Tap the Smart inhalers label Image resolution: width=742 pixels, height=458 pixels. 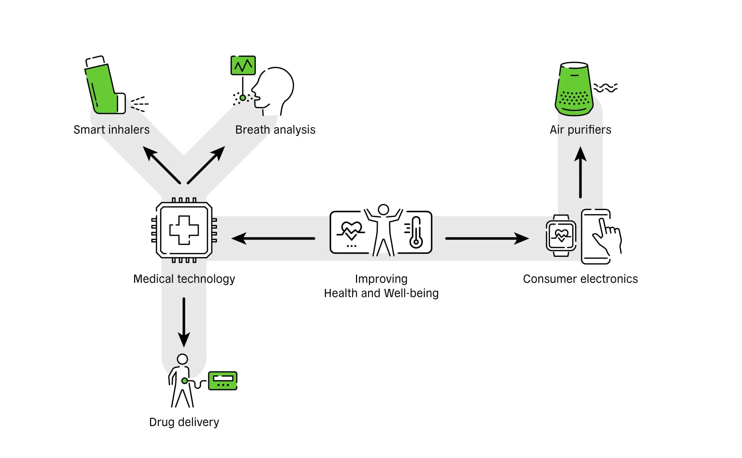[x=111, y=130]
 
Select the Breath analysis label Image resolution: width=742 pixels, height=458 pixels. [x=275, y=130]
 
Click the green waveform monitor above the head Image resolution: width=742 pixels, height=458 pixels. [x=243, y=65]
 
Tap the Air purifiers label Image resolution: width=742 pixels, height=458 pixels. [x=580, y=130]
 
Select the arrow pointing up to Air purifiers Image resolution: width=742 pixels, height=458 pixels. [x=580, y=173]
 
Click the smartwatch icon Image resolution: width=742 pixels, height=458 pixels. [x=561, y=235]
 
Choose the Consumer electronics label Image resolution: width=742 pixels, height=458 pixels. [x=580, y=279]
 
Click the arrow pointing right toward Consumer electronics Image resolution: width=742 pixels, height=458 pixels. [x=487, y=239]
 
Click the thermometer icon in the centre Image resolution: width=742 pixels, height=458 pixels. [x=416, y=233]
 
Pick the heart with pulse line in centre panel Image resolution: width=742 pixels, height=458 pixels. [x=351, y=231]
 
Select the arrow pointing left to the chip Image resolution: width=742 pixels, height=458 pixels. [x=273, y=239]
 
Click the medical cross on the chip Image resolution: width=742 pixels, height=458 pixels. [x=184, y=230]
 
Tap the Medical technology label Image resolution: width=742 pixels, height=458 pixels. [x=184, y=279]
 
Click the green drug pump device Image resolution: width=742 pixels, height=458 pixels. [x=223, y=380]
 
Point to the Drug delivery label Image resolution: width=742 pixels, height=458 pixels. [x=184, y=422]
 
